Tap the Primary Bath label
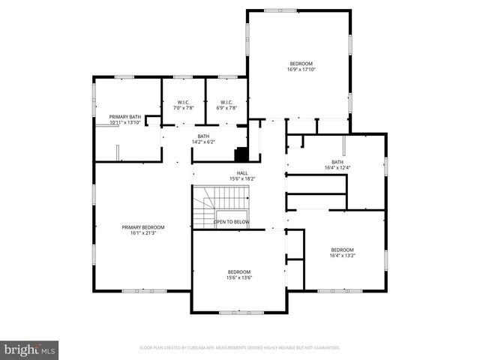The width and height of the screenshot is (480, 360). point(124,117)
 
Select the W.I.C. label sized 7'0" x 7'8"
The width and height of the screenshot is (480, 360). point(183,102)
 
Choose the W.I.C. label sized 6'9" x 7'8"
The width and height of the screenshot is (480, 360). point(226,102)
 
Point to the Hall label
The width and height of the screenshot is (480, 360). point(242,173)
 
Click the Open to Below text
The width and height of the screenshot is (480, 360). point(231,222)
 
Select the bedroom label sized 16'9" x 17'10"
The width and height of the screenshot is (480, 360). point(301,64)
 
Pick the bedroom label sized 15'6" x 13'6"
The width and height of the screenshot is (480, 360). point(239,271)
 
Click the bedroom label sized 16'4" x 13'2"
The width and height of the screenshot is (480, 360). point(342,250)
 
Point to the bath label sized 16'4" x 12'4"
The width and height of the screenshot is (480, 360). point(337,162)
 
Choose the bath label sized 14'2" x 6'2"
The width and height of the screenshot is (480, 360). point(203,136)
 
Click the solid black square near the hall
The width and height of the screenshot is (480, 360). point(241,155)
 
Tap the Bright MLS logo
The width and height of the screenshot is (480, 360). point(30,349)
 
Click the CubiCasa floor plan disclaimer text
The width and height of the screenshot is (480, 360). point(239,348)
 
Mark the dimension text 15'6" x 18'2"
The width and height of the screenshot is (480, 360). point(242,179)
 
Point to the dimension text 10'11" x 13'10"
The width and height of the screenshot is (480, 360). point(124,122)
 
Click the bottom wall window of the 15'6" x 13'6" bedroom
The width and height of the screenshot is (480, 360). point(239,312)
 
